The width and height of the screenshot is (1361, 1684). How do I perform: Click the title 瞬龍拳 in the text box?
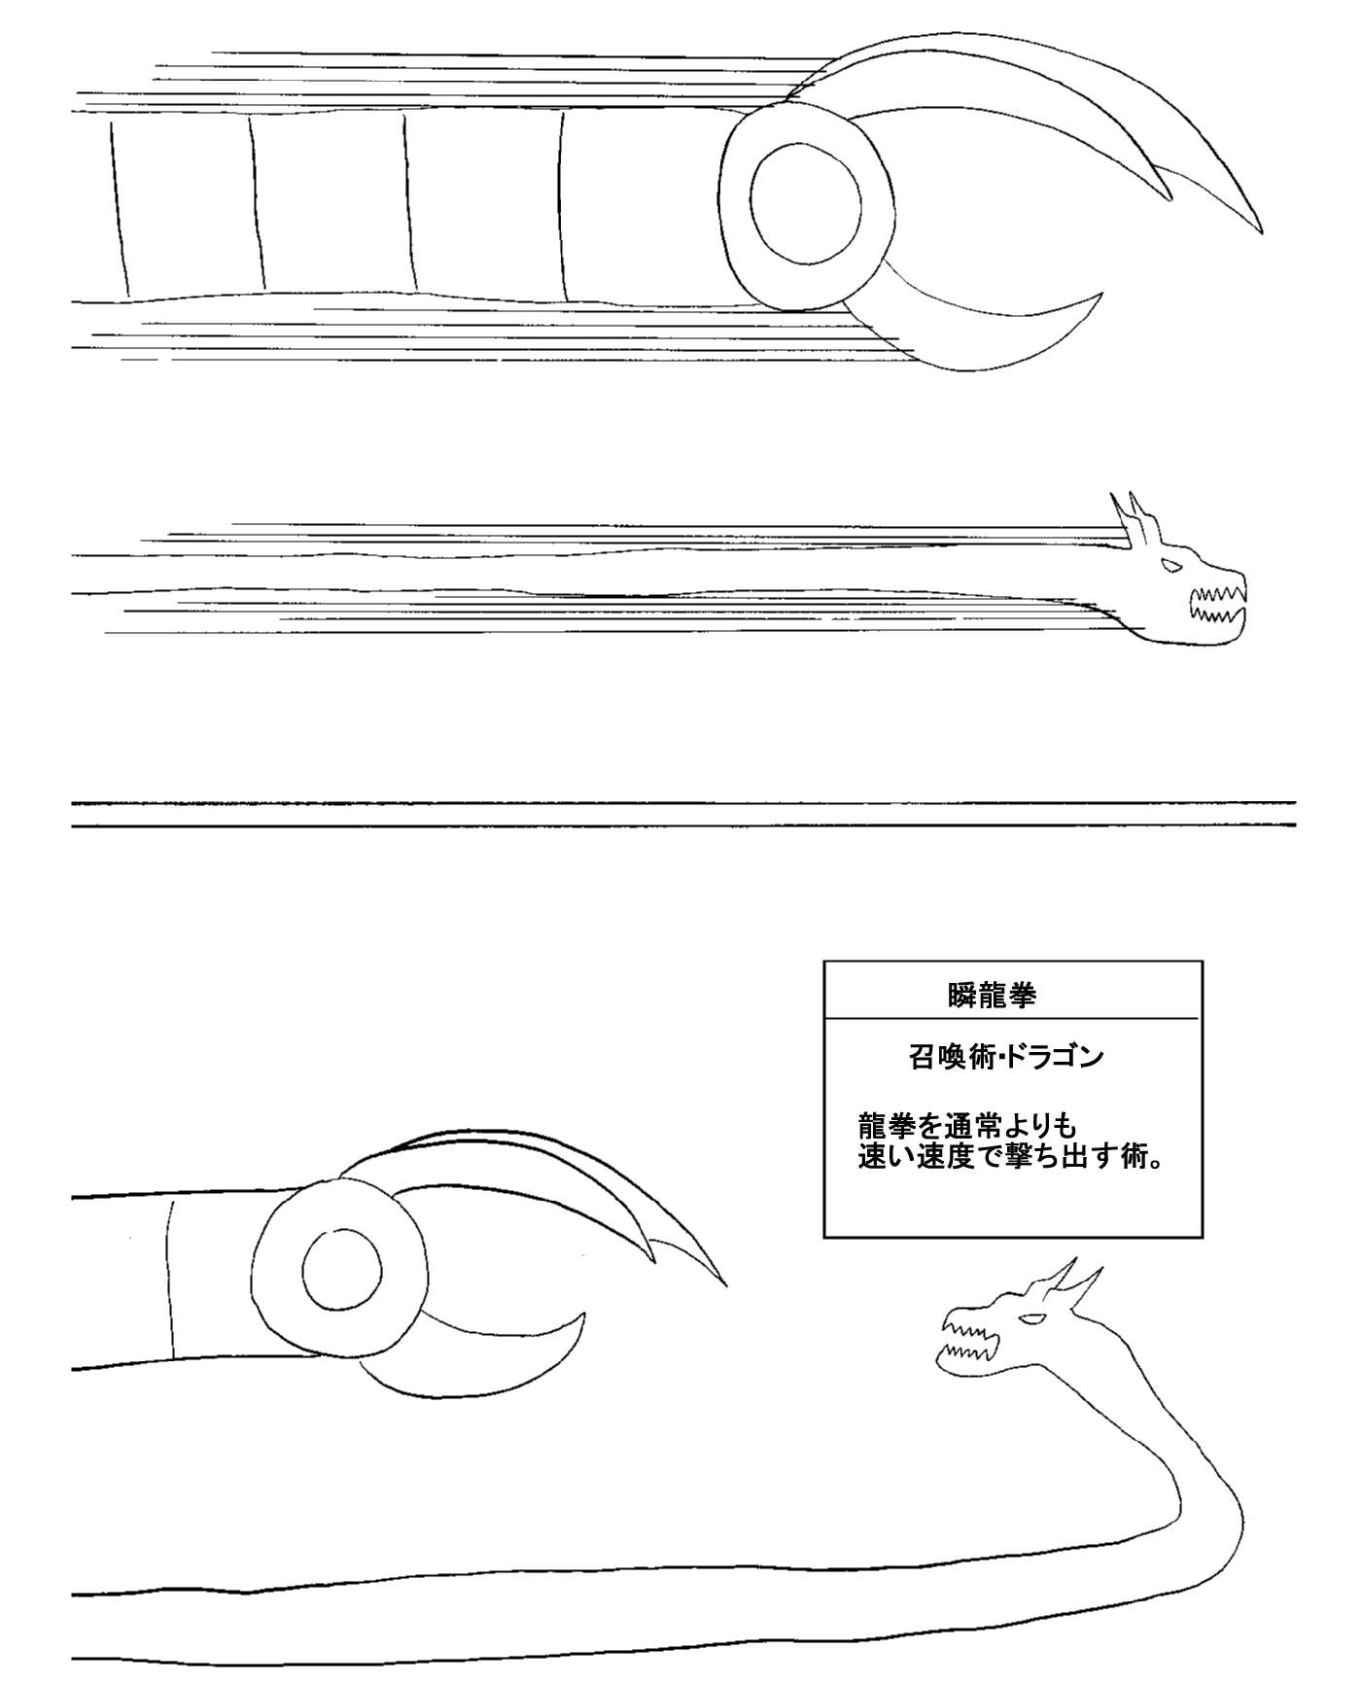(992, 996)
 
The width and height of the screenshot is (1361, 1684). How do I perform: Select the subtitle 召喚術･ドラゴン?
(1007, 1057)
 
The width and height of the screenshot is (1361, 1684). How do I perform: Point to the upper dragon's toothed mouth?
(1217, 601)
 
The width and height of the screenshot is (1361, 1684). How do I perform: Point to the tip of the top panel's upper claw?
(1261, 232)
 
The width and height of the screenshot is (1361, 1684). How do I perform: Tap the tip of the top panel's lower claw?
(1101, 293)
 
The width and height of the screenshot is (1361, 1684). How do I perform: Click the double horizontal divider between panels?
(683, 815)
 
